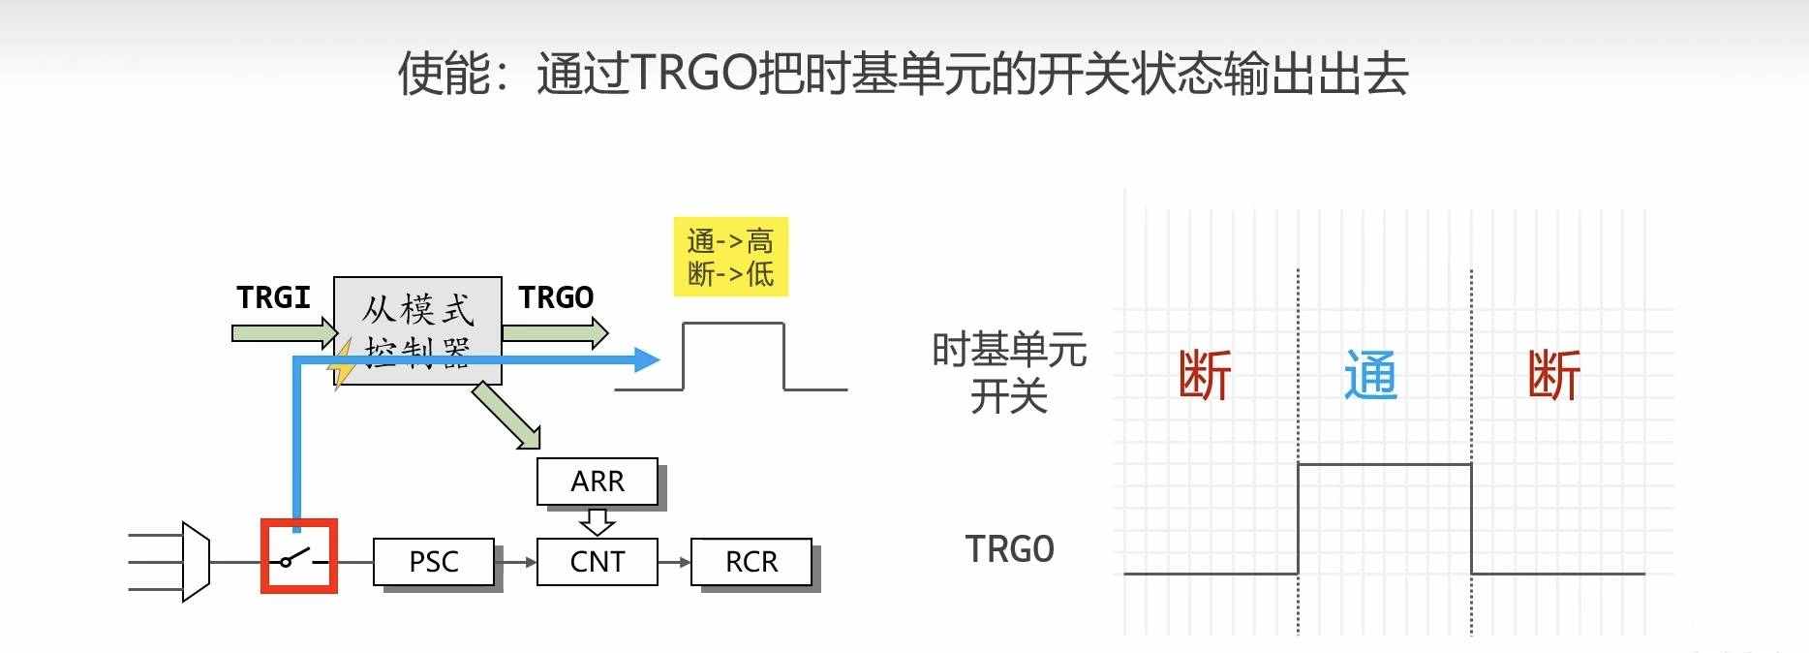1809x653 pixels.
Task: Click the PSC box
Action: click(x=434, y=562)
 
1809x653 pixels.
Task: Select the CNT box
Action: click(x=598, y=562)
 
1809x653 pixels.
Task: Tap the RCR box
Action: click(x=751, y=562)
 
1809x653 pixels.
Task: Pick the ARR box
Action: click(x=598, y=482)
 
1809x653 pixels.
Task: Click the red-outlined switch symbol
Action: click(x=299, y=556)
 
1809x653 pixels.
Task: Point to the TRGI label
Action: click(x=273, y=297)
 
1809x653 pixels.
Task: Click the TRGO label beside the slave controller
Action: click(x=556, y=297)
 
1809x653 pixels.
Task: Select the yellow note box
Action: click(x=731, y=257)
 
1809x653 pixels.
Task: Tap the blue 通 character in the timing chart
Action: click(x=1370, y=376)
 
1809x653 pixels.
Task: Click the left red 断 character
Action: click(x=1205, y=376)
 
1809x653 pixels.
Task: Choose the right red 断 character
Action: click(x=1554, y=376)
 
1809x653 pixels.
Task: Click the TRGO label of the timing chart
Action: click(x=1009, y=549)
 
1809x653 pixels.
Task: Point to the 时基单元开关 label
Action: click(x=1009, y=373)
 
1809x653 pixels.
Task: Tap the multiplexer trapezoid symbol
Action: click(x=196, y=562)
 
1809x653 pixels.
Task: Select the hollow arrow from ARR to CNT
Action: click(x=598, y=522)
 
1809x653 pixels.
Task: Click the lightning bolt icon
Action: click(x=341, y=364)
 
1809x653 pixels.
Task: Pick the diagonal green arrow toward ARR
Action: click(x=506, y=416)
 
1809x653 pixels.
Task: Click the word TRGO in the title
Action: click(x=693, y=74)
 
